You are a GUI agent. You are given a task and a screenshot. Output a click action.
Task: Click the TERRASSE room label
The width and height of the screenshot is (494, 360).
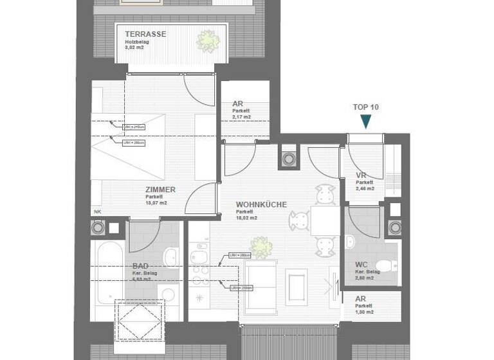[x=146, y=34]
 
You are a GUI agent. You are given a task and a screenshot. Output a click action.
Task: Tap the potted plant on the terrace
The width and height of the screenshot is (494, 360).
[x=207, y=40]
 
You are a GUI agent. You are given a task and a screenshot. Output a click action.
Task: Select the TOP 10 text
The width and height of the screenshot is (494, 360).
[x=366, y=107]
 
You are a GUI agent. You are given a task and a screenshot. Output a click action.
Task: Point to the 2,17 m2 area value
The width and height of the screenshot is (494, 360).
[x=242, y=117]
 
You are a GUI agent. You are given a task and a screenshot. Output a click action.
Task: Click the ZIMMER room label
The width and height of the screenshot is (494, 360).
[x=160, y=190]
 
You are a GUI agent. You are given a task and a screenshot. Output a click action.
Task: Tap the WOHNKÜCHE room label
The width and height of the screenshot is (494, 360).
[x=261, y=204]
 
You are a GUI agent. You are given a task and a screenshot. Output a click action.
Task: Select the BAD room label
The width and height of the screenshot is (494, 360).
[x=141, y=265]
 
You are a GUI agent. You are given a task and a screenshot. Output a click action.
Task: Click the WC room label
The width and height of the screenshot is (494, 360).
[x=361, y=265]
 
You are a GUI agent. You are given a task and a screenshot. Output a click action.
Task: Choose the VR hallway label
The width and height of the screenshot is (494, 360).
[x=361, y=176]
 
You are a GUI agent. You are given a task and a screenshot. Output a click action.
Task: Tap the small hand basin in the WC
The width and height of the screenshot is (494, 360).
[x=349, y=242]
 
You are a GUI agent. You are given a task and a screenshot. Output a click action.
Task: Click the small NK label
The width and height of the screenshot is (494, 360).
[x=97, y=212]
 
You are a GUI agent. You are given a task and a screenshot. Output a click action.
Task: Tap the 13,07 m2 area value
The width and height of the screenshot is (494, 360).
[x=156, y=203]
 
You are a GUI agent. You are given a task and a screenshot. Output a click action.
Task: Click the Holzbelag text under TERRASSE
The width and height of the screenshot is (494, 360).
[x=137, y=41]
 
